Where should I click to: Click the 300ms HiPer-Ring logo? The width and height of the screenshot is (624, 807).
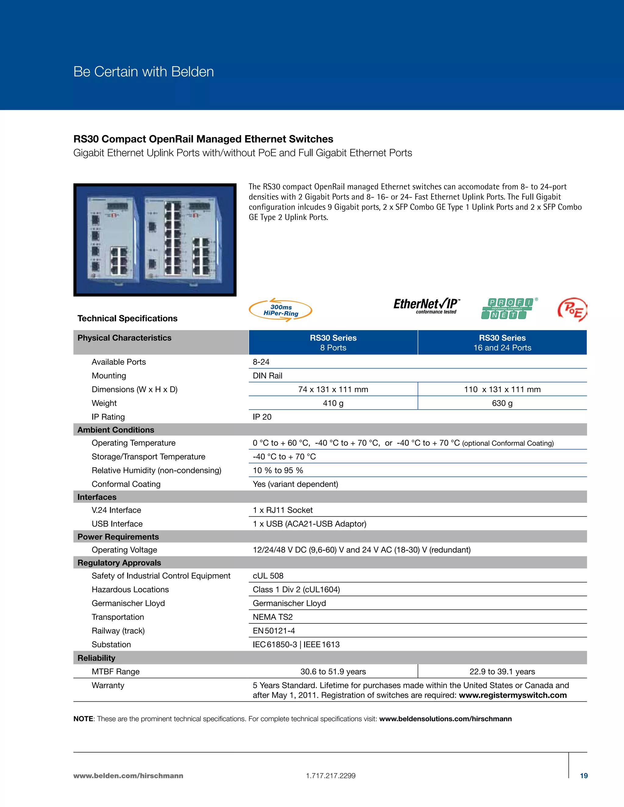281,310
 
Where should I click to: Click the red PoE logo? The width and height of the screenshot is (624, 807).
572,310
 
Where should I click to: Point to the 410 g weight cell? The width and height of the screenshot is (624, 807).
333,403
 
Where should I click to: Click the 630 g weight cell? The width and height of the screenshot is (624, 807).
502,403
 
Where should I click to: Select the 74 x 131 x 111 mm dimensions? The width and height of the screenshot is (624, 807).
333,389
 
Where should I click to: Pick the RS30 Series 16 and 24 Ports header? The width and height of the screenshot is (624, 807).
502,343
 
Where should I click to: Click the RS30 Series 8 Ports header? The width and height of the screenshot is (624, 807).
333,343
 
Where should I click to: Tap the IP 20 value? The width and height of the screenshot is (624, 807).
262,417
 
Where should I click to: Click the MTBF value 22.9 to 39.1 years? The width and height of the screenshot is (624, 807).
502,671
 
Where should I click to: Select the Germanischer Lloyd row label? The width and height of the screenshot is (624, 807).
128,603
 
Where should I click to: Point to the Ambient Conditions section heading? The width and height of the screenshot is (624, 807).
116,430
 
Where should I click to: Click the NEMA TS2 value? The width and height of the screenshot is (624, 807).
272,617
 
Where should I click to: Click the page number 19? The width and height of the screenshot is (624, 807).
584,776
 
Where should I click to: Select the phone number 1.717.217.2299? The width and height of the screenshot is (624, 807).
331,776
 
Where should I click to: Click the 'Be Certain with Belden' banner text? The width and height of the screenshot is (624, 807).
144,72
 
